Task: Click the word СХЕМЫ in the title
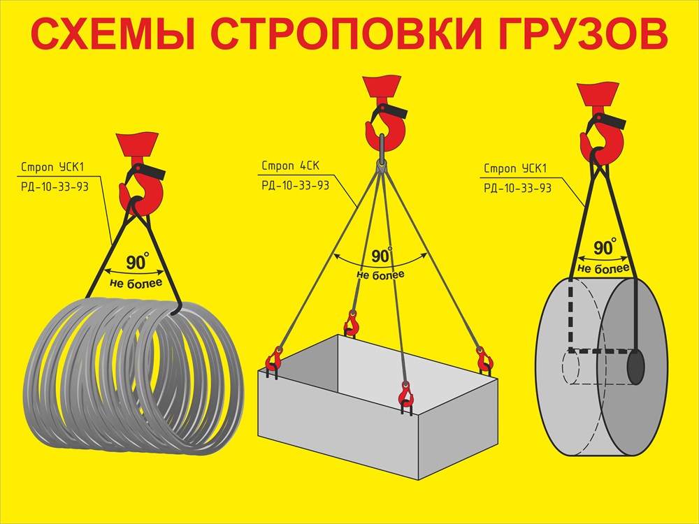[x=113, y=34]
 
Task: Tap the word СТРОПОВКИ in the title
[x=347, y=34]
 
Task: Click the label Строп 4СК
[x=291, y=166]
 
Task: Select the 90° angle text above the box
[x=382, y=255]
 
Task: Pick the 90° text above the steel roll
[x=605, y=247]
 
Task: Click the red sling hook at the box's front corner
[x=405, y=397]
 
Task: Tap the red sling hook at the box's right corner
[x=484, y=360]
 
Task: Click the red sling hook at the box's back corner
[x=352, y=323]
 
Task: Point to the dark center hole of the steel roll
[x=636, y=367]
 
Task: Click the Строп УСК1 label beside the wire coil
[x=52, y=168]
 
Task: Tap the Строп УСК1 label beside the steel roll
[x=515, y=169]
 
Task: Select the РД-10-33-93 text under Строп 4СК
[x=295, y=185]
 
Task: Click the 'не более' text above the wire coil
[x=136, y=283]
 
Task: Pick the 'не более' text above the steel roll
[x=604, y=268]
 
